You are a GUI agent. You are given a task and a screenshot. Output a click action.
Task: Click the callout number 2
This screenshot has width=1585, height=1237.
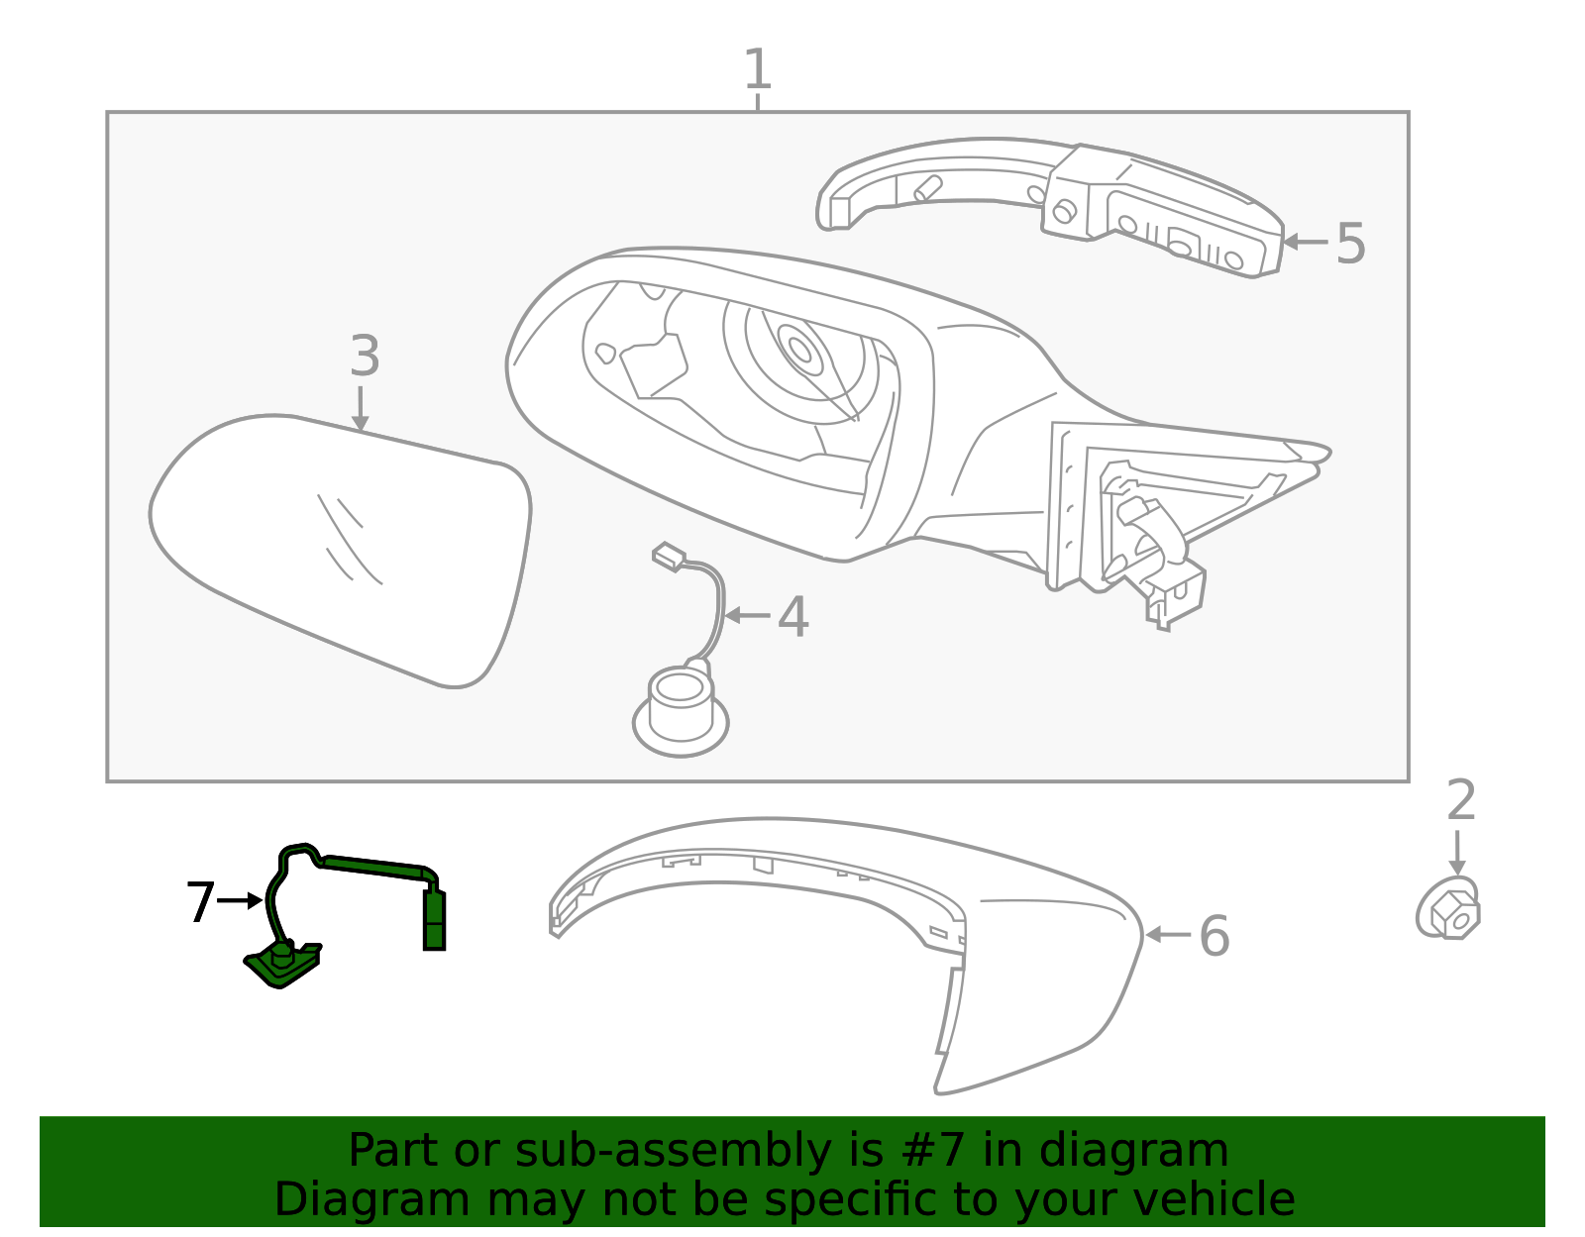coord(1461,799)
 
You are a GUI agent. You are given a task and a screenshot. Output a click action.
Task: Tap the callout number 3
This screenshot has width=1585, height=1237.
coord(365,356)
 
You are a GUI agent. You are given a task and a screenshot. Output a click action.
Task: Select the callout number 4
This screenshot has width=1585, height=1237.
coord(792,617)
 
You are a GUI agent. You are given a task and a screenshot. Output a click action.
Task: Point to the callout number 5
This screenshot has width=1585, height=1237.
coord(1350,244)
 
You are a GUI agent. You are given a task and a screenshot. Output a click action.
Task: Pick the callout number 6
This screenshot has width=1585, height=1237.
coord(1215,936)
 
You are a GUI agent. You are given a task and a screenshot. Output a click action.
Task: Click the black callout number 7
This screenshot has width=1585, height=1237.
coord(200,901)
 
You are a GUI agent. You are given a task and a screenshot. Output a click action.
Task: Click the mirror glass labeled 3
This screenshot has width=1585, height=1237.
coord(340,551)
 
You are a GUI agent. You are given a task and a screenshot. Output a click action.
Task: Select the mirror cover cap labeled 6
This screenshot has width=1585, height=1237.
coord(846,955)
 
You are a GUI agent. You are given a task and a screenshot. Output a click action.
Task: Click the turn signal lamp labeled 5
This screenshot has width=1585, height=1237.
coord(1050,207)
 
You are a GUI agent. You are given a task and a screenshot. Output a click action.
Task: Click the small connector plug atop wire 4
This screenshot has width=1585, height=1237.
coord(669,556)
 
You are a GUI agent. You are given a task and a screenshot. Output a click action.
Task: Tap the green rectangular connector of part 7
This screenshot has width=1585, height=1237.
coord(434,920)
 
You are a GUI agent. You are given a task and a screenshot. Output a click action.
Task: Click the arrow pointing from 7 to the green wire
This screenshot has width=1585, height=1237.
coord(240,901)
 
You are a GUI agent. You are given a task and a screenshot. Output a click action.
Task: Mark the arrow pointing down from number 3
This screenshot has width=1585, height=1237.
coord(361,409)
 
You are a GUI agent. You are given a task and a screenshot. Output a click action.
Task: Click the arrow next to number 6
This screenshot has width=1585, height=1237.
coord(1168,935)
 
